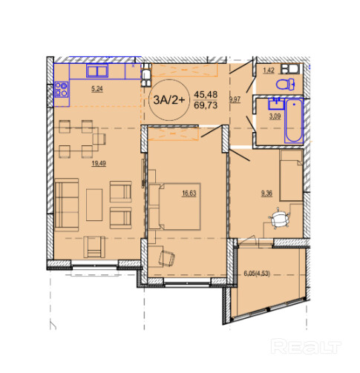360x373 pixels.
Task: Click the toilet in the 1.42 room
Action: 285,85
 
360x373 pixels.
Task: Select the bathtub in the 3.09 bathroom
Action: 294,121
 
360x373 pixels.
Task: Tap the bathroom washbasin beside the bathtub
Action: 277,104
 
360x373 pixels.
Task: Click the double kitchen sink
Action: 97,70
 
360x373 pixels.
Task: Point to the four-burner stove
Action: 62,89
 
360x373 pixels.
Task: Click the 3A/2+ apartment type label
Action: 169,100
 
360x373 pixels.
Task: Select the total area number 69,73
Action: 206,105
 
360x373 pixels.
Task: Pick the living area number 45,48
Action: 206,94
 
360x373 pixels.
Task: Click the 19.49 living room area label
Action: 99,163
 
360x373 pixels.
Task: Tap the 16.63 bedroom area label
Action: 189,194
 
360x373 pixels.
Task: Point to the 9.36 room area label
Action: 266,194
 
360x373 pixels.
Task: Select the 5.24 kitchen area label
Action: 97,89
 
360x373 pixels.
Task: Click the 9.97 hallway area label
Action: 235,99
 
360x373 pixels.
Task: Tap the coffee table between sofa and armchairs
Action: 94,205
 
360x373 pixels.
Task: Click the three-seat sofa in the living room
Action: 67,205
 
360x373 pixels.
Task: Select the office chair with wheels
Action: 279,219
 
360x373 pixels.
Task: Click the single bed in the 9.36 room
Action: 292,175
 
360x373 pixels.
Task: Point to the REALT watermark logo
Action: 306,346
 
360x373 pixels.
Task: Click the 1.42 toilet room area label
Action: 269,70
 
